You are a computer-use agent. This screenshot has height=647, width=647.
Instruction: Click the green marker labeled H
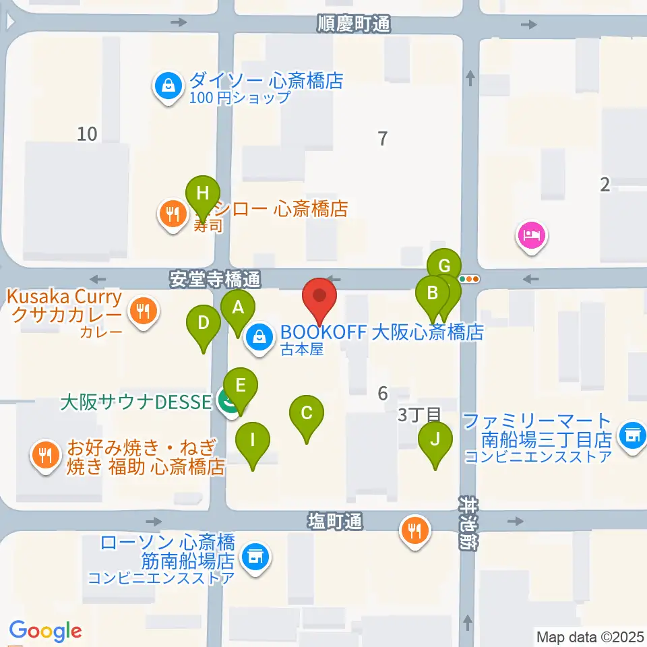[x=202, y=194]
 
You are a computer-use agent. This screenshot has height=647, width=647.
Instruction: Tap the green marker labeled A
[x=237, y=309]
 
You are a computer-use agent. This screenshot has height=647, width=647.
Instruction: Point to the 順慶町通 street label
[x=354, y=25]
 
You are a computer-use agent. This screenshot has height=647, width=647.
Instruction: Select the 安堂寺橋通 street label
[x=214, y=278]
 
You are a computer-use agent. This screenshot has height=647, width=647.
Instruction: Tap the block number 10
[x=87, y=134]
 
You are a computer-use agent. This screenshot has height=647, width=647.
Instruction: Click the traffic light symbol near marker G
[x=469, y=278]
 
